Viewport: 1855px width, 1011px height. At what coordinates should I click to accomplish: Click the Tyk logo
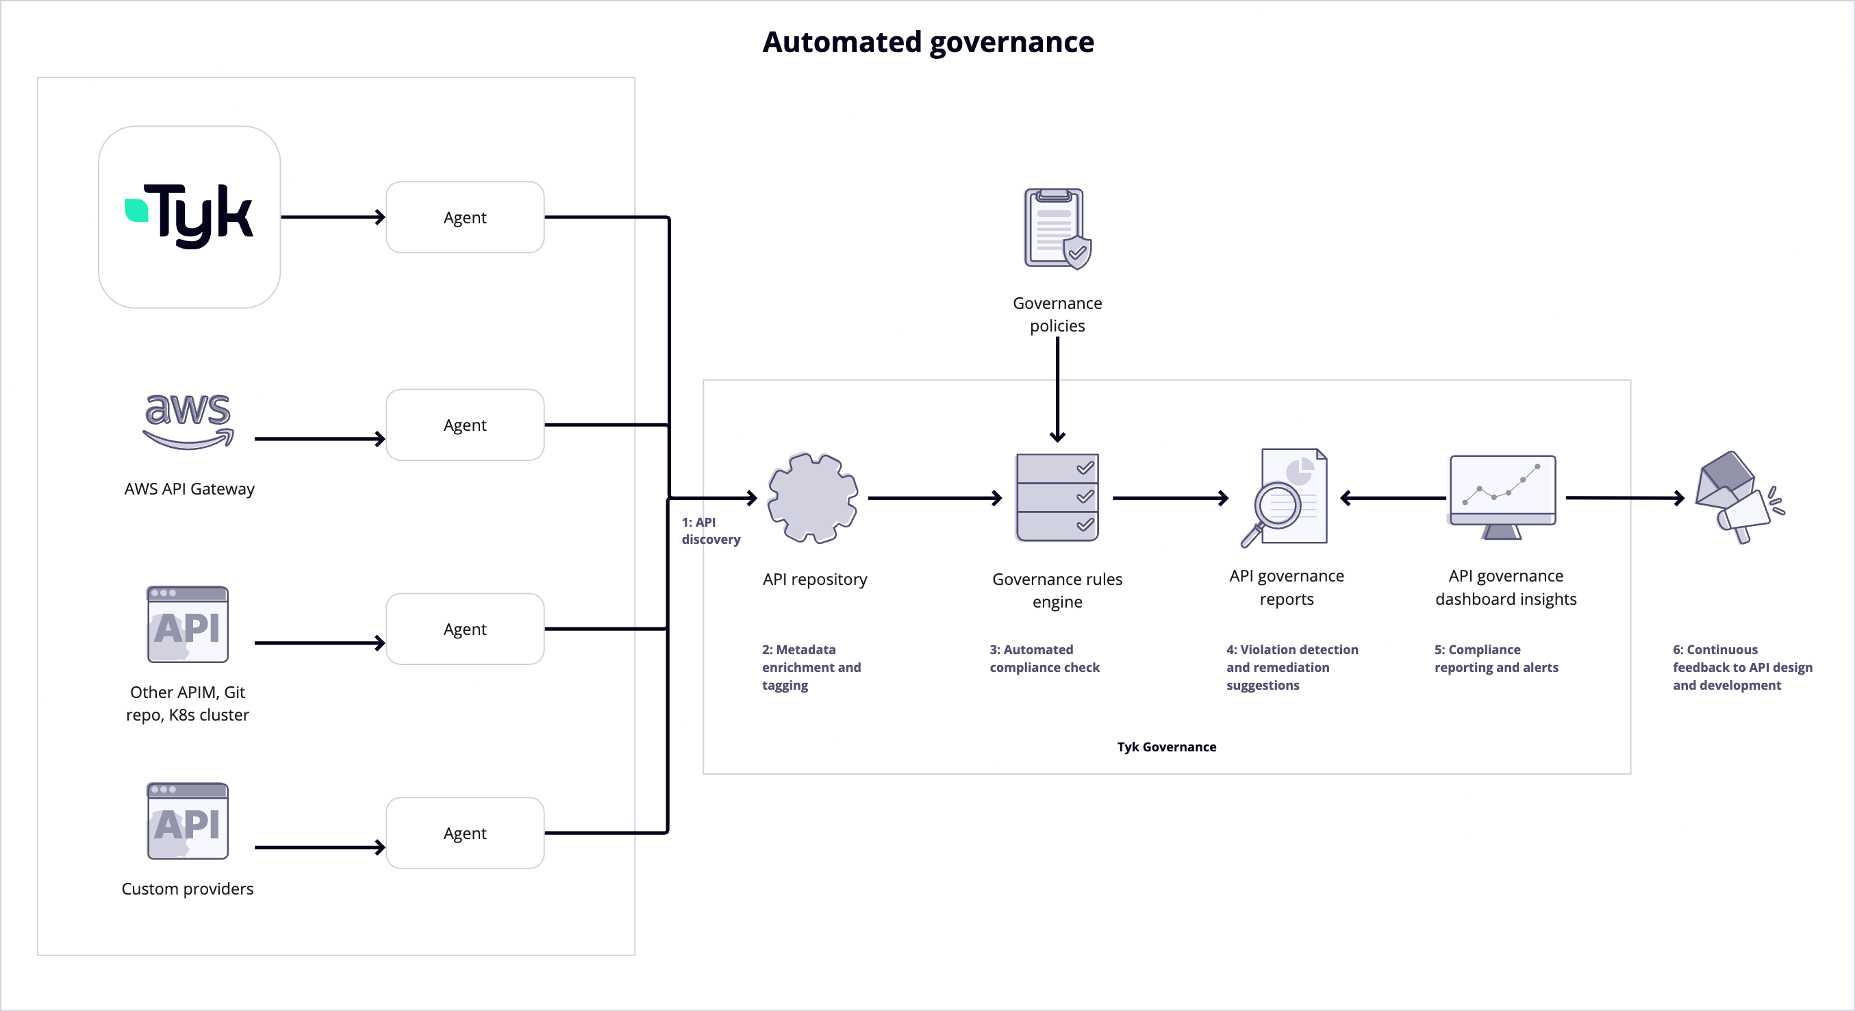[190, 216]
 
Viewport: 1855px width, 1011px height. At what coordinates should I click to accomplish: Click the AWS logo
[189, 421]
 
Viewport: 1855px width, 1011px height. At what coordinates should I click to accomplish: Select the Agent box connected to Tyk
[464, 216]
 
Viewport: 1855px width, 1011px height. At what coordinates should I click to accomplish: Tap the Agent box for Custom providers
[464, 832]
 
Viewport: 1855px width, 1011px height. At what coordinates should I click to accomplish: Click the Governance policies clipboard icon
[1057, 228]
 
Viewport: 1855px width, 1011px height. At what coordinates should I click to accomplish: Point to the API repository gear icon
[812, 497]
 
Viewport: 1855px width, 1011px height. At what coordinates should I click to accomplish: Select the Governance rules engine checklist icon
[1057, 497]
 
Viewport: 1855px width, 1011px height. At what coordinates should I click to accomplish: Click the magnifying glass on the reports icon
[1276, 506]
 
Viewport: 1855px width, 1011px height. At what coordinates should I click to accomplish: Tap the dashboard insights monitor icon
[1502, 496]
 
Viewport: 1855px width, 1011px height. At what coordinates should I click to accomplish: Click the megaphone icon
[1737, 497]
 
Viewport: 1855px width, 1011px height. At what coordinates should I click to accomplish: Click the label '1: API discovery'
[709, 531]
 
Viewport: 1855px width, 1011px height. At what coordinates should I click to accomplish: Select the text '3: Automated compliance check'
[1044, 658]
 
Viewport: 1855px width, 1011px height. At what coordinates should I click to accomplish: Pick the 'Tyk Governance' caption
[1166, 747]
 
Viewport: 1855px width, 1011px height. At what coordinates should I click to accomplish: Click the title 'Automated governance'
[927, 42]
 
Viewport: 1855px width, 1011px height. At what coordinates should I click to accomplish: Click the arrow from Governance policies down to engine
[1057, 389]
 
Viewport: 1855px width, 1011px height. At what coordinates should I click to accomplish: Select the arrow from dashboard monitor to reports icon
[1393, 497]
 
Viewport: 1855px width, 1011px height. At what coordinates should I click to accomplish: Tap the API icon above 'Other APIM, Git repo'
[187, 624]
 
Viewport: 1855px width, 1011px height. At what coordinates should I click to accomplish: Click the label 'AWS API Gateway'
[189, 489]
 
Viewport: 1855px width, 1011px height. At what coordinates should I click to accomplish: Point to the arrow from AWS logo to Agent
[319, 438]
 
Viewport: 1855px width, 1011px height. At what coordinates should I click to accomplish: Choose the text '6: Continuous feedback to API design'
[1741, 666]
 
